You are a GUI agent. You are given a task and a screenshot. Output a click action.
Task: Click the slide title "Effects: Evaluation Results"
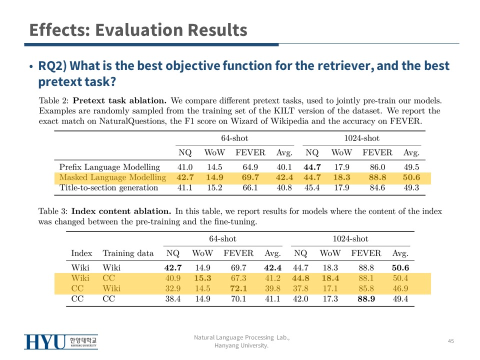pyautogui.click(x=138, y=30)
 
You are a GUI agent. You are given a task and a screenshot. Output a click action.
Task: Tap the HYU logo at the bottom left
pyautogui.click(x=60, y=342)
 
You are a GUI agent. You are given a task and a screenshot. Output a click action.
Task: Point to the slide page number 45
pyautogui.click(x=450, y=341)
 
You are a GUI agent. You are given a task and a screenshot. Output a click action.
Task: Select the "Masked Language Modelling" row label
pyautogui.click(x=112, y=177)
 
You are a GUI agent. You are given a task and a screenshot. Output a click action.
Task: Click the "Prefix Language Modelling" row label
pyautogui.click(x=109, y=167)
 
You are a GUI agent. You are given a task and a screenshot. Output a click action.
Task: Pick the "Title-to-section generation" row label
pyautogui.click(x=108, y=188)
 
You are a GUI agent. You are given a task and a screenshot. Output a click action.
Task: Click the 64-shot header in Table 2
pyautogui.click(x=234, y=138)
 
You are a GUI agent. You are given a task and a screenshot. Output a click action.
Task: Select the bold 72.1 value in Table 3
pyautogui.click(x=238, y=288)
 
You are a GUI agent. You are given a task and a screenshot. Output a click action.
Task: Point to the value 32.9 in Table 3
pyautogui.click(x=173, y=288)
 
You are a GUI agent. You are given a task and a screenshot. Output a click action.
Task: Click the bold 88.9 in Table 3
pyautogui.click(x=366, y=299)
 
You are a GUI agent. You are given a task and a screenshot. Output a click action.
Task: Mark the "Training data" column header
pyautogui.click(x=128, y=253)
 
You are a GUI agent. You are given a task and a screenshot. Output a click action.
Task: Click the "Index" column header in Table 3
pyautogui.click(x=81, y=253)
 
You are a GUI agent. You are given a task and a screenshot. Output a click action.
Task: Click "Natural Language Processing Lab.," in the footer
pyautogui.click(x=241, y=338)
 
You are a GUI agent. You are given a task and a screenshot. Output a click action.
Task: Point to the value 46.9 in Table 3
pyautogui.click(x=400, y=288)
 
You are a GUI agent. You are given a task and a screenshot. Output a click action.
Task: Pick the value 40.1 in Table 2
pyautogui.click(x=284, y=167)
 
